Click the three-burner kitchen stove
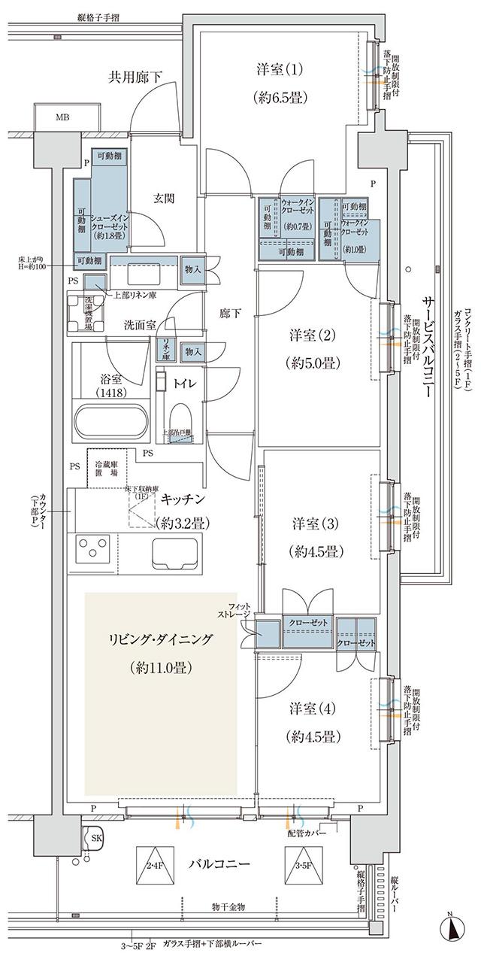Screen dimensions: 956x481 pos(98,550)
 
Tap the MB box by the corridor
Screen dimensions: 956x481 pos(68,118)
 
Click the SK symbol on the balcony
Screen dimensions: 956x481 pos(96,837)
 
